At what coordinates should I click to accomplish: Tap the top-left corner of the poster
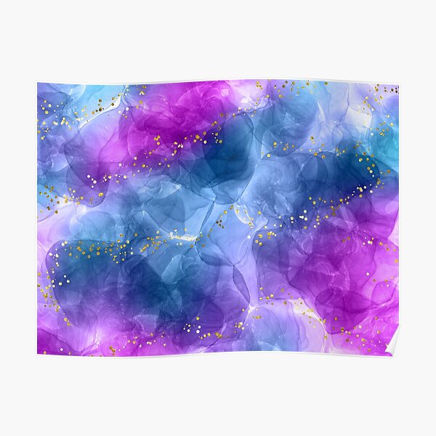click(x=38, y=83)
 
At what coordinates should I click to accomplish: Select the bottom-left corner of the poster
click(x=38, y=354)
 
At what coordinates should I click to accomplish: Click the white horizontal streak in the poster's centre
click(x=185, y=237)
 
